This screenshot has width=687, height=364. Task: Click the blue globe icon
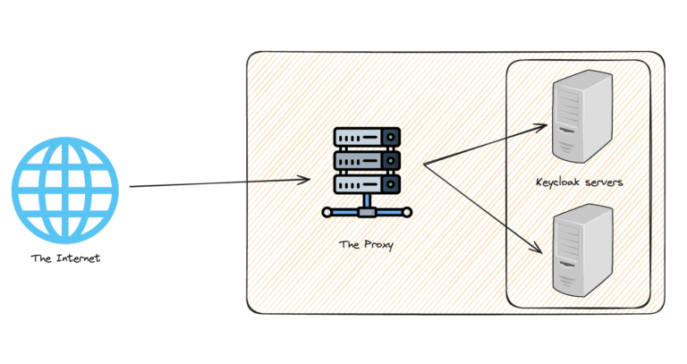coord(64,190)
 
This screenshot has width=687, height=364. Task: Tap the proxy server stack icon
coord(365,171)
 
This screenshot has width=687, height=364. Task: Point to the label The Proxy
coord(366,243)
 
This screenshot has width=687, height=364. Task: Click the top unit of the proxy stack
coord(365,138)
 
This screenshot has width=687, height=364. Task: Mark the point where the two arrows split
coord(424,164)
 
